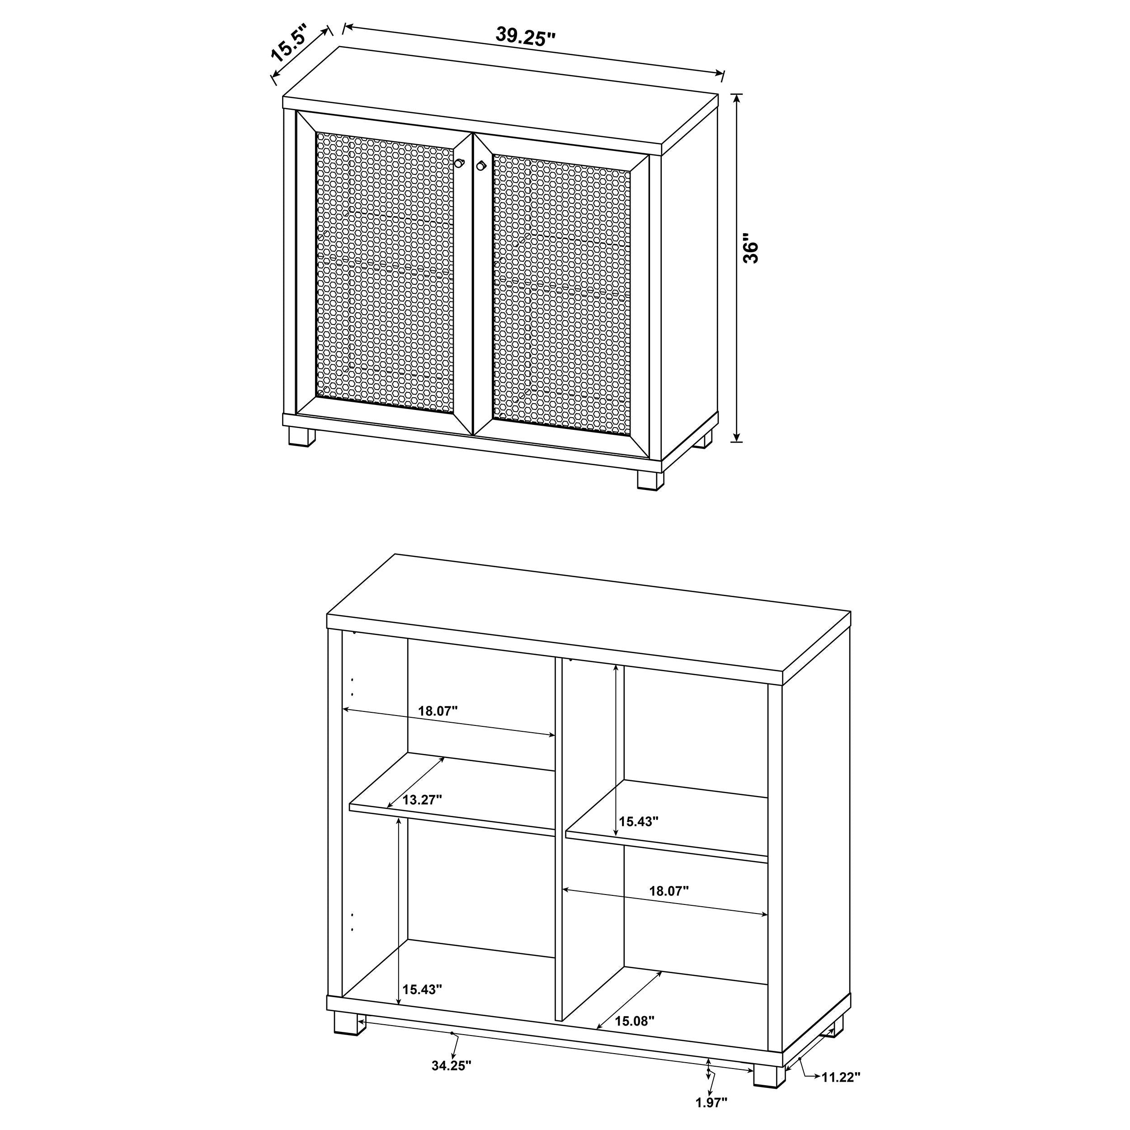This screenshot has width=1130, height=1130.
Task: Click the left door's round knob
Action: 460,163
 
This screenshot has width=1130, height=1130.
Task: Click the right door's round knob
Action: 481,166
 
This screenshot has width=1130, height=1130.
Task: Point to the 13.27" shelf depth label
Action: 422,800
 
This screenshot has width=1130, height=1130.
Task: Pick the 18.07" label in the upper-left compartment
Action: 438,711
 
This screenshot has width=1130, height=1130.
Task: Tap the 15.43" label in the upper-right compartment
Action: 639,821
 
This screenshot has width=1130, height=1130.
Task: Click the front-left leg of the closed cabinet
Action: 302,438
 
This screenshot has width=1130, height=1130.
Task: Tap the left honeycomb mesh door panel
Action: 385,272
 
